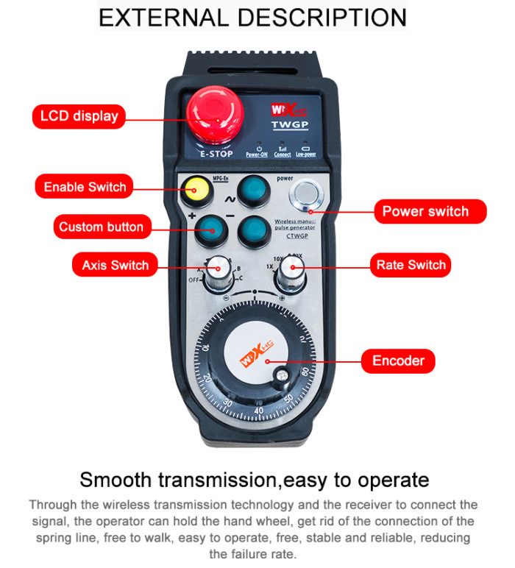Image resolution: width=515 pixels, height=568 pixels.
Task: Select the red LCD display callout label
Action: point(79,116)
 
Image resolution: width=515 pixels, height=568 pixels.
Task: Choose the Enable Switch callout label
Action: point(85,187)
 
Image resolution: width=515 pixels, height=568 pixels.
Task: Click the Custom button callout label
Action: point(101,227)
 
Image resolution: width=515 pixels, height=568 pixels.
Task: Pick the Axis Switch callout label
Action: point(115,265)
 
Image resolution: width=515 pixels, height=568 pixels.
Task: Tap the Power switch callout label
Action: point(425,211)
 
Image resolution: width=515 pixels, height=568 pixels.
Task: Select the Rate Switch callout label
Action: point(411,265)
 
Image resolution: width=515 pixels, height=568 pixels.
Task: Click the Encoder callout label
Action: point(398,361)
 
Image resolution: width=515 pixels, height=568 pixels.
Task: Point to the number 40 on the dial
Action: point(259,410)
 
